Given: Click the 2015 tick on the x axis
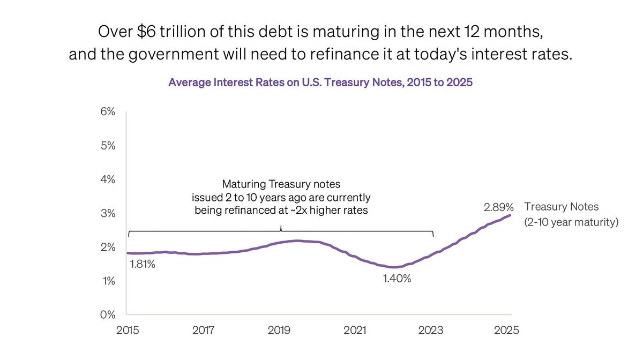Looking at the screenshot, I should pyautogui.click(x=128, y=330).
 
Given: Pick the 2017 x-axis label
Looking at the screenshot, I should pyautogui.click(x=204, y=330).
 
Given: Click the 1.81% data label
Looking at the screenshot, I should pyautogui.click(x=141, y=264).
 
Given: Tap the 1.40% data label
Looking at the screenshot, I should pyautogui.click(x=397, y=279).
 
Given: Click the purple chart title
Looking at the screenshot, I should pyautogui.click(x=320, y=82).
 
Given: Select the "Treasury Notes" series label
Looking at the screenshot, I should pyautogui.click(x=562, y=207).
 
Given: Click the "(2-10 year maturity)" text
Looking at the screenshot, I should pyautogui.click(x=571, y=222).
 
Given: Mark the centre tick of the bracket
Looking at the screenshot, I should pyautogui.click(x=281, y=229).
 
